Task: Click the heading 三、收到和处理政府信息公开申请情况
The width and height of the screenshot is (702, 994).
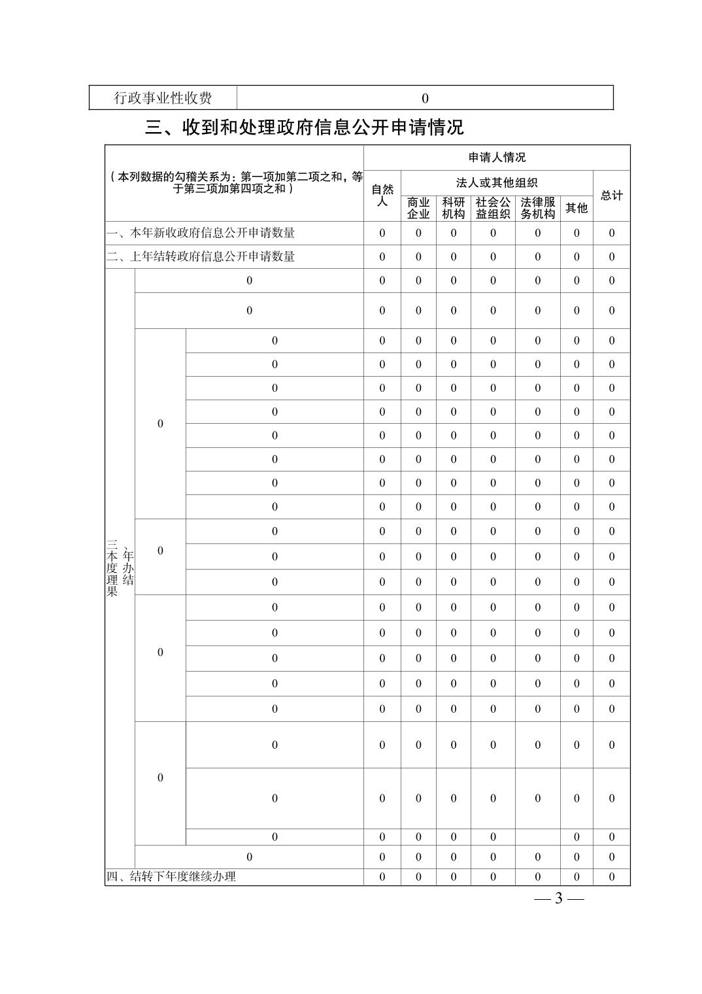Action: pyautogui.click(x=305, y=127)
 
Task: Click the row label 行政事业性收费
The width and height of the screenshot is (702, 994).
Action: pyautogui.click(x=163, y=98)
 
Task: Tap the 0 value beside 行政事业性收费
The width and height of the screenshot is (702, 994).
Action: pyautogui.click(x=425, y=98)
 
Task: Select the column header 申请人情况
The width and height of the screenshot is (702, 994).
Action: pyautogui.click(x=497, y=158)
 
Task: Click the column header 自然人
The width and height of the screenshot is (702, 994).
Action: pyautogui.click(x=382, y=195)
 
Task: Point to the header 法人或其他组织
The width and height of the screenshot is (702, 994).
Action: pyautogui.click(x=497, y=182)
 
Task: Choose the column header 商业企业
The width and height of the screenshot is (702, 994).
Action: pyautogui.click(x=418, y=208)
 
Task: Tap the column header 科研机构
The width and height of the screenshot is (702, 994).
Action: pyautogui.click(x=454, y=208)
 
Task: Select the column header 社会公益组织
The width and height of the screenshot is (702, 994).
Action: pyautogui.click(x=493, y=208)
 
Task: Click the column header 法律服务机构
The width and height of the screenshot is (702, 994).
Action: pyautogui.click(x=538, y=208)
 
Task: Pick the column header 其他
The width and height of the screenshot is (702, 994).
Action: pyautogui.click(x=577, y=208)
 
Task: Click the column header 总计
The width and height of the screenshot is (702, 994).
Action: pyautogui.click(x=612, y=196)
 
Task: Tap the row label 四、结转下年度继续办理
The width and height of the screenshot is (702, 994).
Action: pyautogui.click(x=171, y=876)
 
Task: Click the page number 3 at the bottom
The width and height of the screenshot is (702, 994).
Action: pyautogui.click(x=558, y=899)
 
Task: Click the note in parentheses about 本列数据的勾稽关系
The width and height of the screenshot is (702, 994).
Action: pyautogui.click(x=235, y=182)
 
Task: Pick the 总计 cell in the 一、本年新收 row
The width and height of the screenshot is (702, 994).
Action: pyautogui.click(x=612, y=233)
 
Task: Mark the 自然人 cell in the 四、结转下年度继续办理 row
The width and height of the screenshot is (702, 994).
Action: pyautogui.click(x=382, y=877)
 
